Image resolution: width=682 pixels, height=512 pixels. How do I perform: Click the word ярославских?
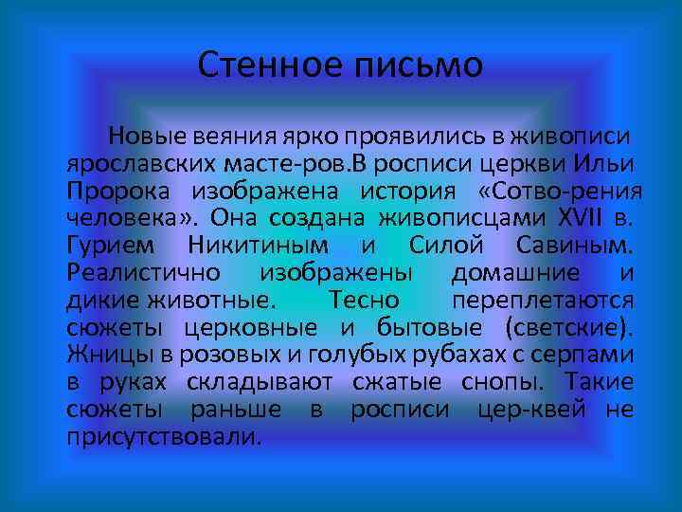click(x=147, y=163)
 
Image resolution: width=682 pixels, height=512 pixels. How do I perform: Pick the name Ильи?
click(x=610, y=163)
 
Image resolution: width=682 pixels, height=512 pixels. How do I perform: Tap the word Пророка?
click(x=117, y=191)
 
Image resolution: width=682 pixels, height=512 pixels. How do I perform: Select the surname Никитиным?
click(x=260, y=246)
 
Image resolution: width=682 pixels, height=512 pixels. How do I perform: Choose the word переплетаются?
click(x=555, y=301)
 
